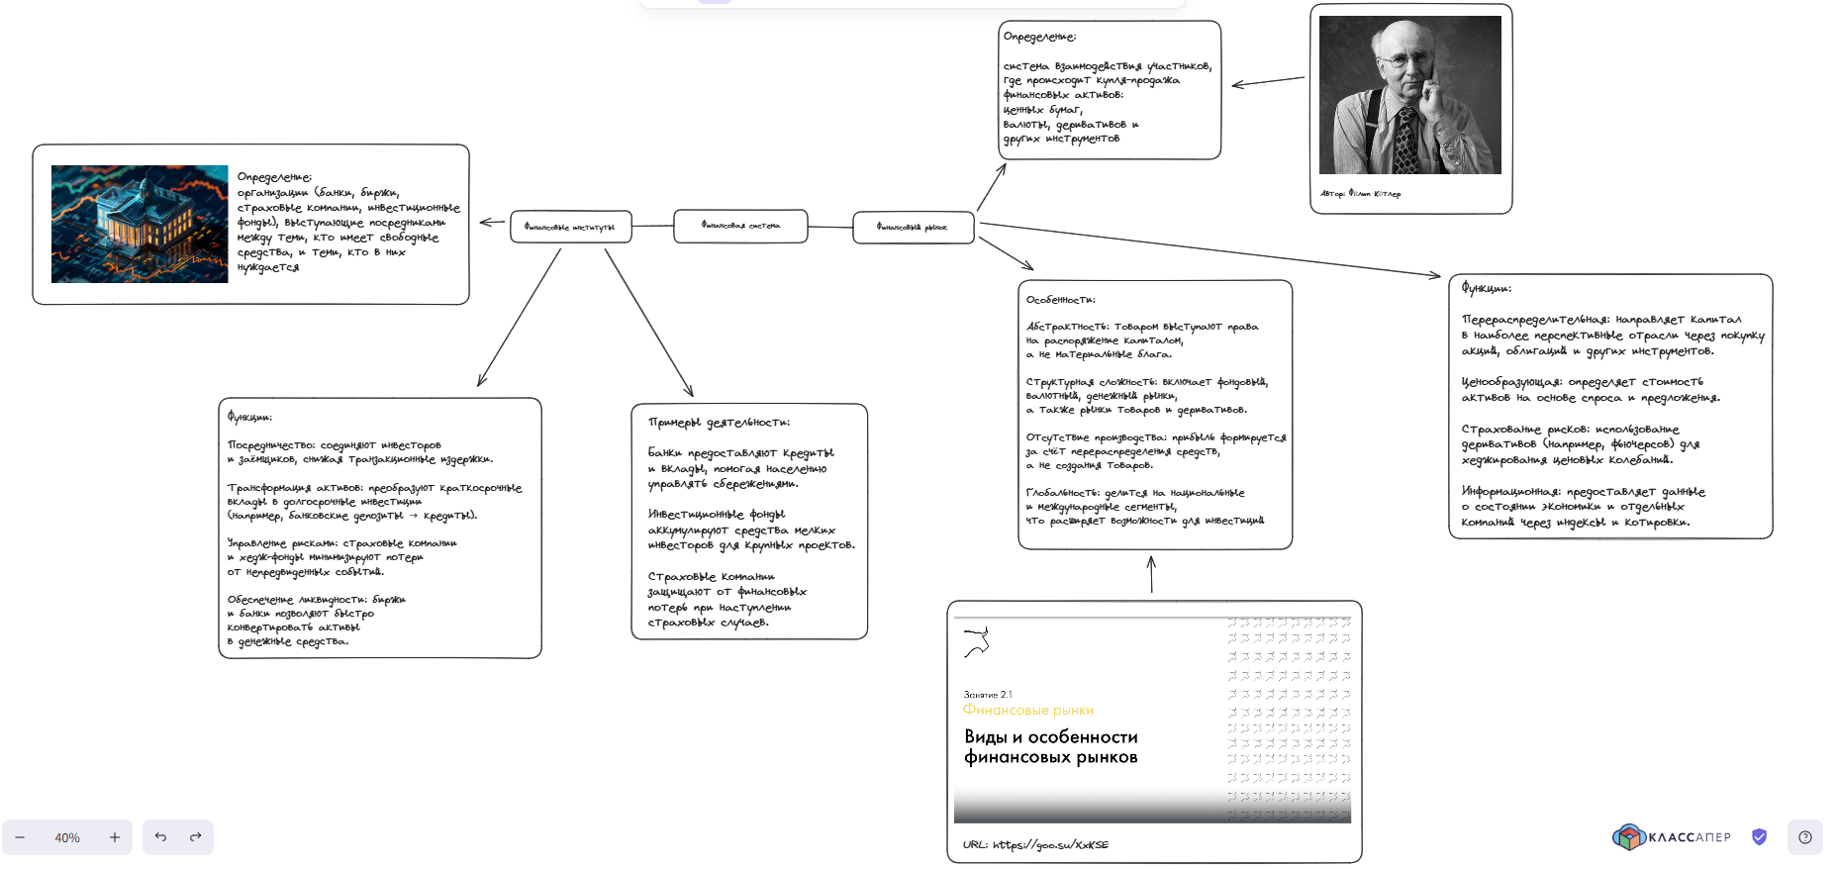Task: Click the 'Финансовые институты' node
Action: [x=570, y=227]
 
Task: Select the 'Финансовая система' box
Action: [x=740, y=226]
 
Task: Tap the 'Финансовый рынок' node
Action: [x=913, y=228]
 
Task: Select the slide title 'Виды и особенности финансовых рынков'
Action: [x=1050, y=747]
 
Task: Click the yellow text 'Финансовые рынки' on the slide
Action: [x=1027, y=711]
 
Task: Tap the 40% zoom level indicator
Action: [x=67, y=838]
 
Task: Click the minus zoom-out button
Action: [x=20, y=838]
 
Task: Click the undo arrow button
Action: [x=160, y=837]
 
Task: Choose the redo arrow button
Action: [x=196, y=837]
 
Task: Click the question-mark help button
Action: [x=1804, y=837]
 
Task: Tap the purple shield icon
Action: [x=1759, y=837]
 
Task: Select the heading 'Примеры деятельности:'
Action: [x=719, y=423]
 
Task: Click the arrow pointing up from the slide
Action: [x=1151, y=574]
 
